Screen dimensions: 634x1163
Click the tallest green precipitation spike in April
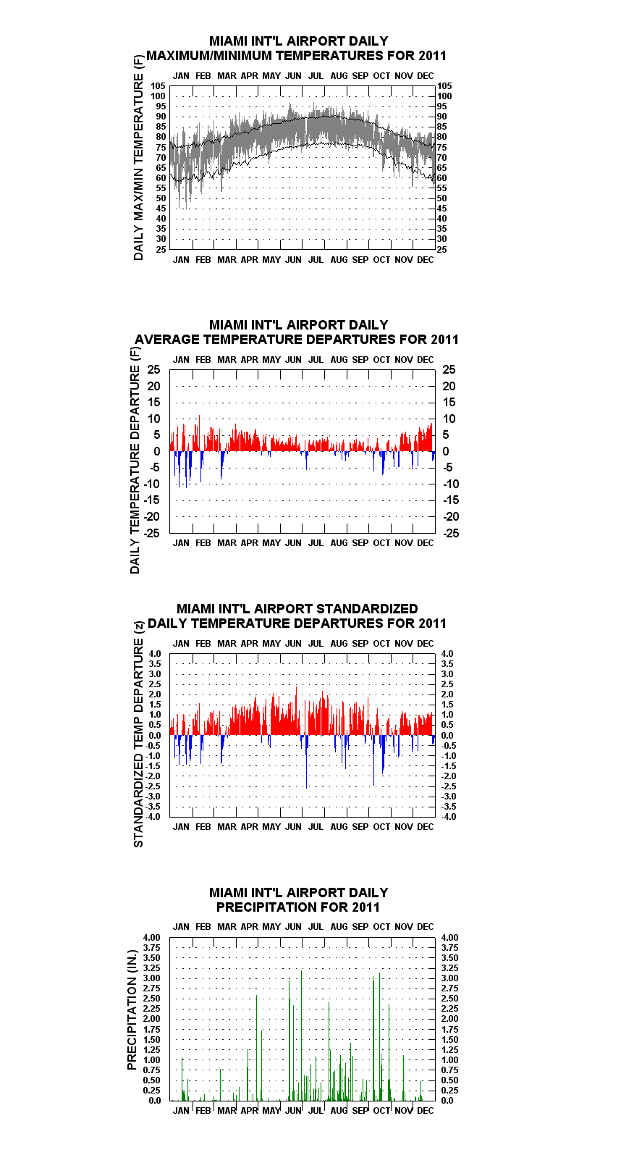(256, 1048)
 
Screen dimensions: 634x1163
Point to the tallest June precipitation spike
(301, 1036)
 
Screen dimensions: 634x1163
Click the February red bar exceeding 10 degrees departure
(200, 433)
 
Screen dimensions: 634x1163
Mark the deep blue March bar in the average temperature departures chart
(221, 465)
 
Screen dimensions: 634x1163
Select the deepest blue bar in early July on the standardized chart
(307, 762)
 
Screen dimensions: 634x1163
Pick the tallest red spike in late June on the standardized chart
(296, 710)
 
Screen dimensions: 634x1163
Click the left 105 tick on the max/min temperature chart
(158, 86)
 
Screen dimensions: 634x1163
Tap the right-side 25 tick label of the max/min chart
(442, 249)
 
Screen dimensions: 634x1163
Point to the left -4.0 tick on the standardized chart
(153, 817)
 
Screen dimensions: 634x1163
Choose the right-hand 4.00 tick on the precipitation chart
(450, 938)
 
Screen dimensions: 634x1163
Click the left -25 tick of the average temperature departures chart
(151, 533)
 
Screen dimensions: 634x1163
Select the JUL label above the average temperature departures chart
(316, 360)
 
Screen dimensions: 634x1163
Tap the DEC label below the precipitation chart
(426, 1110)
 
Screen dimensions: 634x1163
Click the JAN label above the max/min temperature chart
(181, 76)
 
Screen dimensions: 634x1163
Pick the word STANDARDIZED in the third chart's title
(366, 608)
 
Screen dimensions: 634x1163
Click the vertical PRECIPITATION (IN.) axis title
(132, 1010)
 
